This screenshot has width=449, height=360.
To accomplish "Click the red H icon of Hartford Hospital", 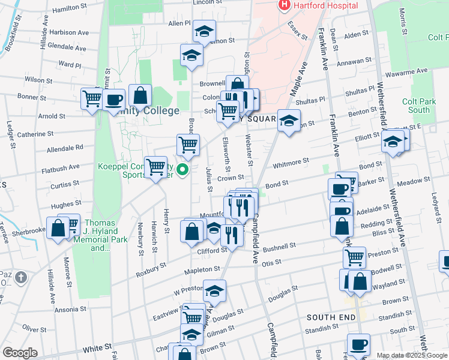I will coord(284,5).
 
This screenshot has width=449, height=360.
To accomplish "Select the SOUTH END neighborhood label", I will coord(327,316).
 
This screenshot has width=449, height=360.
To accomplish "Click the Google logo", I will coord(20,353).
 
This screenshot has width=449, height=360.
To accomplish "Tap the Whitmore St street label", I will coord(291,161).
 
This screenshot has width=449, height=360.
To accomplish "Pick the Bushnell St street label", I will coord(280,247).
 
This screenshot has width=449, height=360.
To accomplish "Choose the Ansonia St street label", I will coord(71,310).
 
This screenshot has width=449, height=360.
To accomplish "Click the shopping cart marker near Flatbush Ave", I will coord(155,166).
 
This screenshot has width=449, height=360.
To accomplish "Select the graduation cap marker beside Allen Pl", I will coord(205,32).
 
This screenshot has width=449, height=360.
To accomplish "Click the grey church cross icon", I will coord(22,277).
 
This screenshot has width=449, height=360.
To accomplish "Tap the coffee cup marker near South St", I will coord(358,344).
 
